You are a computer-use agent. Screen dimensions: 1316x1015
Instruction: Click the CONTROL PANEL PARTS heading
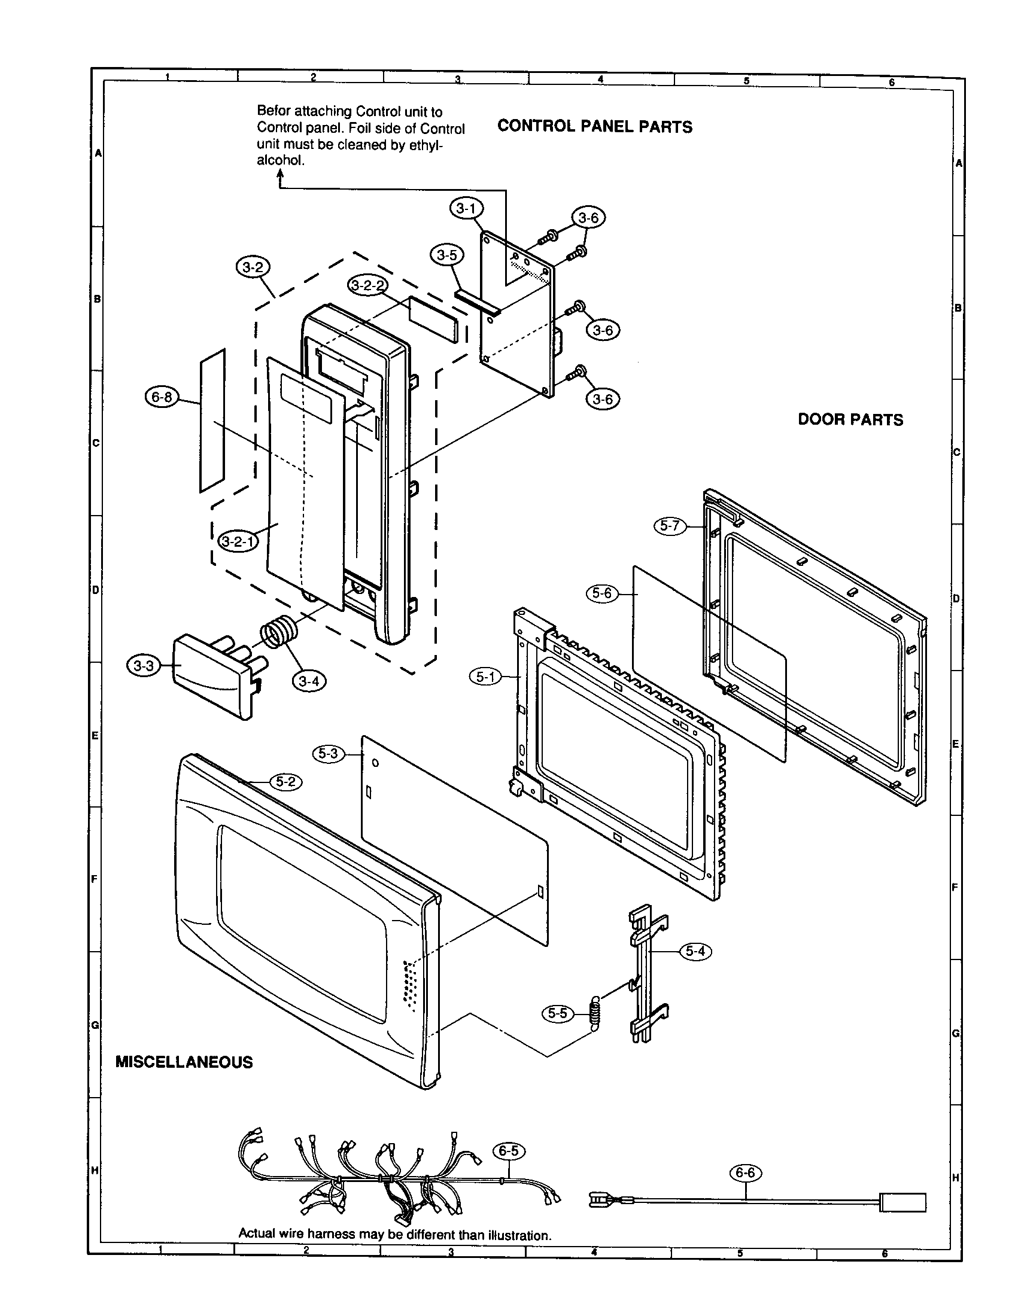594,127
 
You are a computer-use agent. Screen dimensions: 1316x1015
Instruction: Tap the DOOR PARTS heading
850,420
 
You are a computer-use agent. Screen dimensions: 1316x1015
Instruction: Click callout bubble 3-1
466,209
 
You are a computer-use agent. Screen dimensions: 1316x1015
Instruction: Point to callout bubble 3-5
446,255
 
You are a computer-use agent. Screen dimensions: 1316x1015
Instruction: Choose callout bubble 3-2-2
367,285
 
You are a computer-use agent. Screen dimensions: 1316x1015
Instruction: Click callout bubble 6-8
162,397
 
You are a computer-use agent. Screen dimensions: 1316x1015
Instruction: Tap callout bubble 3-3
144,666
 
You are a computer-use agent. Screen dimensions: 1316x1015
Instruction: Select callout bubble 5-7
670,525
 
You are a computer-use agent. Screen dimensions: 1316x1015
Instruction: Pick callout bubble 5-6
601,593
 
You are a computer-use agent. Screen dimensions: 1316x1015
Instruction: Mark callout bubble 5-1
485,677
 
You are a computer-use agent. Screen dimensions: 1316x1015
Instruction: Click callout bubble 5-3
329,753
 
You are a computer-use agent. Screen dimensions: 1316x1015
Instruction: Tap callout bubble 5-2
285,782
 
